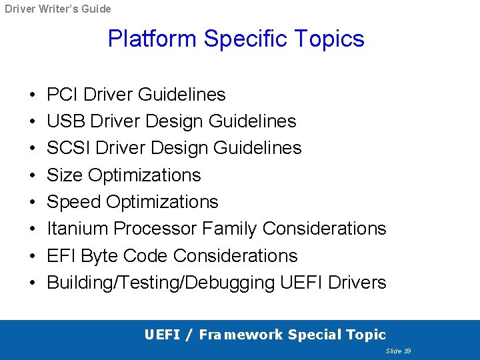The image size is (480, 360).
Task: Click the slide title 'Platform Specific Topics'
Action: tap(236, 39)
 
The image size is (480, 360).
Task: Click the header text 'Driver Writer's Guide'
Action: tap(58, 9)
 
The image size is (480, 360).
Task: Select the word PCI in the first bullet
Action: tap(62, 95)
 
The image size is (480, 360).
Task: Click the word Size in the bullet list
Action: tap(65, 175)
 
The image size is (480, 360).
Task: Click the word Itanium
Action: tap(77, 229)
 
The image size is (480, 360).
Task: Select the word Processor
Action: tap(155, 229)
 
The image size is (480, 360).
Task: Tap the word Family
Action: tap(229, 229)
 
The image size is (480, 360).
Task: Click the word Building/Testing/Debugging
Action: tap(161, 283)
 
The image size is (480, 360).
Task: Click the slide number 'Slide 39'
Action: tap(398, 351)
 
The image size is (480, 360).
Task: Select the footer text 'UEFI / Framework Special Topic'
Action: tap(265, 335)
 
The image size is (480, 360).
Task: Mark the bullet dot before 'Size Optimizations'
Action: tap(33, 175)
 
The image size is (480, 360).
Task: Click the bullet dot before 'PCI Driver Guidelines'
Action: tap(33, 95)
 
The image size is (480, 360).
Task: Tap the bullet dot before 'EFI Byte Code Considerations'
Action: tap(33, 256)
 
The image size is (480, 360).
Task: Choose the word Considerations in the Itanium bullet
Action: tap(324, 229)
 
